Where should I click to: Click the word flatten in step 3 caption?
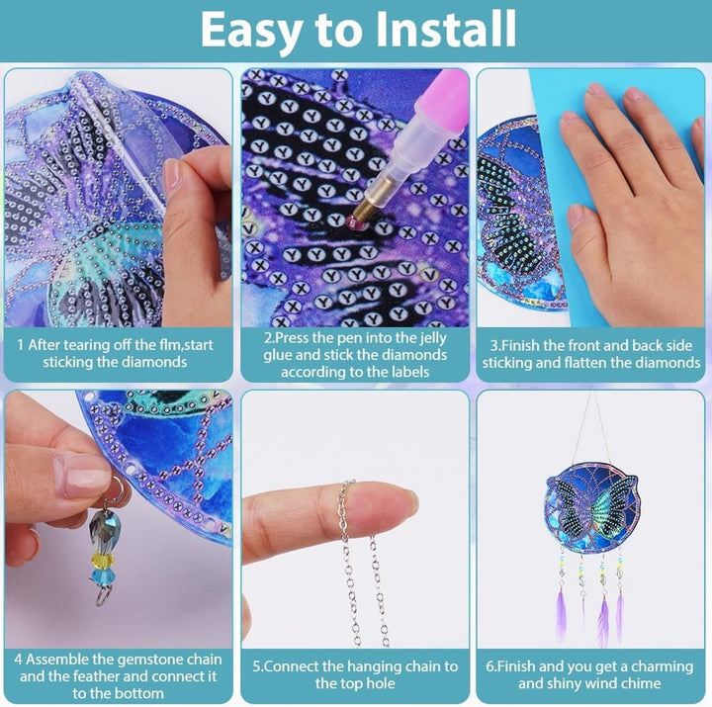coord(584,362)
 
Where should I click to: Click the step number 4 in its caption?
coord(18,660)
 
